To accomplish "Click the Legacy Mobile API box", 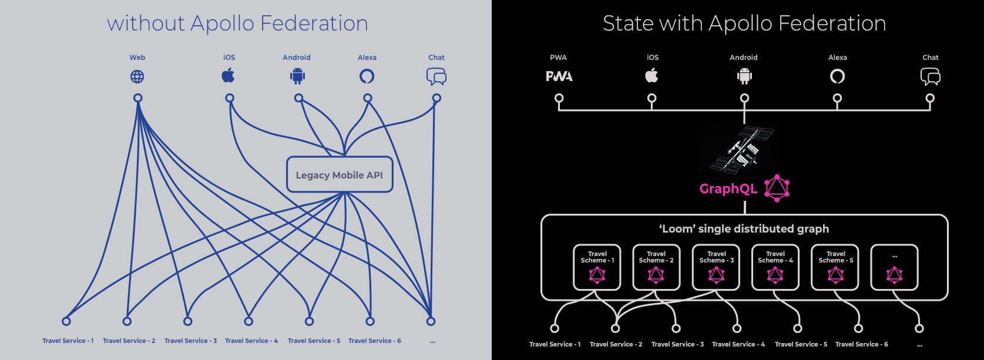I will [x=339, y=174].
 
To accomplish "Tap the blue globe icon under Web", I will [x=137, y=76].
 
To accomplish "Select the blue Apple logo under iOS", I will [x=229, y=76].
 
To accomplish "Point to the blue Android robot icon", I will [x=298, y=76].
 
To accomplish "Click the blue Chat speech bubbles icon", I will [x=436, y=76].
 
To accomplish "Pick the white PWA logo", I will [x=559, y=76].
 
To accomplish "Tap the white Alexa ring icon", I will [x=837, y=76].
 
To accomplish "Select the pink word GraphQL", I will [x=728, y=189].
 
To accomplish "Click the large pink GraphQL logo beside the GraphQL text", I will [x=777, y=189].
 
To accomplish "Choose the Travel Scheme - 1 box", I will [x=597, y=267].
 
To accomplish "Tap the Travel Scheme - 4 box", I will [x=775, y=267].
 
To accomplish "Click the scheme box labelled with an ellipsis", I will [x=894, y=267].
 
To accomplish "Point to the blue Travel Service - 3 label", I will [x=190, y=341].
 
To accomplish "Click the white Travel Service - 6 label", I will [x=861, y=344].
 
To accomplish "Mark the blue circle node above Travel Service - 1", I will [x=66, y=321].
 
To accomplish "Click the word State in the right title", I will [x=628, y=23].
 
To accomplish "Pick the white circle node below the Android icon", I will [x=744, y=99].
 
